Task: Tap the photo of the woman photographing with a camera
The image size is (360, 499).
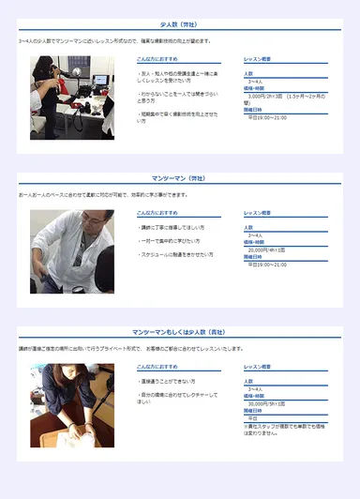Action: (x=72, y=98)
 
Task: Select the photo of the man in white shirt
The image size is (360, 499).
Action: (x=72, y=251)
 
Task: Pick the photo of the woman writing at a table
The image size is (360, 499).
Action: (x=72, y=405)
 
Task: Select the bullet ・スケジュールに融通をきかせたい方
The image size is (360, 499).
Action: (x=176, y=254)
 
